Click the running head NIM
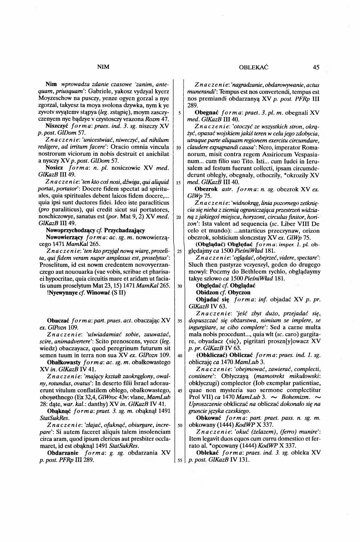[x=103, y=67]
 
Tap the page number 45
[x=316, y=67]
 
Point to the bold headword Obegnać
[x=208, y=113]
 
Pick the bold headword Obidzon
[x=207, y=292]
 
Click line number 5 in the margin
[x=179, y=113]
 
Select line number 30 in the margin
[x=179, y=286]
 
